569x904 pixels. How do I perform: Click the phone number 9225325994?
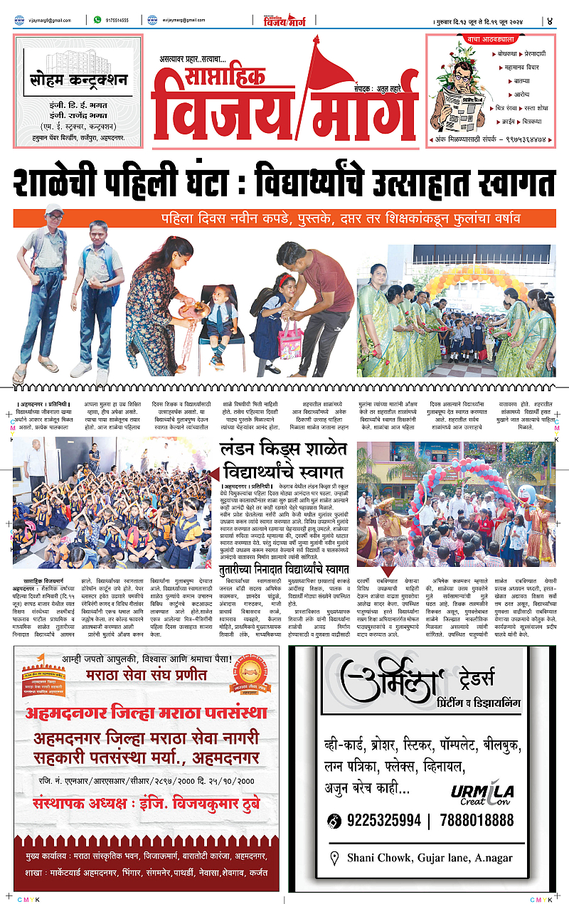tap(385, 820)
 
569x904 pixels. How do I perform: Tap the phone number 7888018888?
tap(477, 820)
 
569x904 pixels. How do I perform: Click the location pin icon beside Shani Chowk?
tap(335, 858)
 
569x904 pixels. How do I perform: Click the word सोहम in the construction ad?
tap(48, 78)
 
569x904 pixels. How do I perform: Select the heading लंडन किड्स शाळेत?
tap(282, 450)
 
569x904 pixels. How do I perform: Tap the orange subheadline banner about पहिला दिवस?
tap(284, 218)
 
